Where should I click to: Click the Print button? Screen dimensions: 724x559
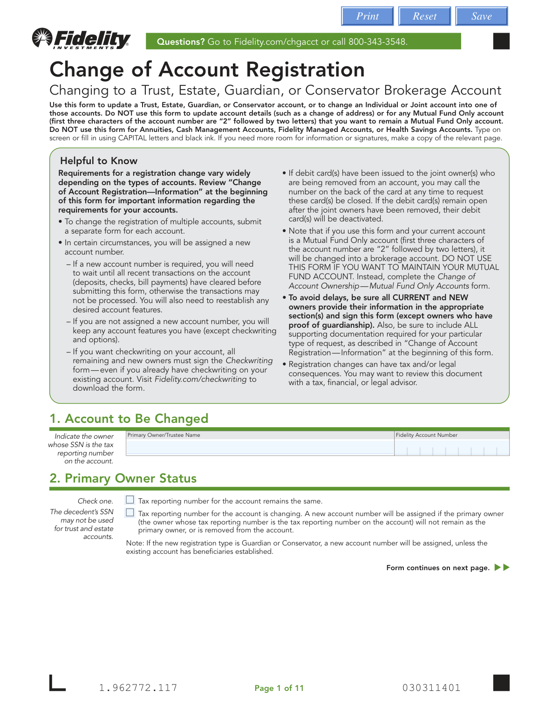pos(367,16)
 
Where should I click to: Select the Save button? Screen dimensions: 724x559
pos(481,16)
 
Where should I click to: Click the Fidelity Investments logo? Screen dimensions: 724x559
pos(82,39)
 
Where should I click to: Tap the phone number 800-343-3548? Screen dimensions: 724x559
pos(377,42)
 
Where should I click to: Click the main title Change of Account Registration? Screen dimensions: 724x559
pos(207,70)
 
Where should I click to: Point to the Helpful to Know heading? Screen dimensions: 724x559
pos(99,161)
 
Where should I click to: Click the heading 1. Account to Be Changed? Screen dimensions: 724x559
pos(129,419)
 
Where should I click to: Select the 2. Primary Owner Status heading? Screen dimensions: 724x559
pos(123,478)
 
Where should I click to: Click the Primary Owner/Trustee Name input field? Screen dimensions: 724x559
pos(260,448)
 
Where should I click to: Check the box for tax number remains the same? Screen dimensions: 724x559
pos(130,500)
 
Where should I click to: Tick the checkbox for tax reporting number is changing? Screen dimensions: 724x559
pos(130,512)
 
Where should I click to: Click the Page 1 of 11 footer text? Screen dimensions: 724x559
pos(279,688)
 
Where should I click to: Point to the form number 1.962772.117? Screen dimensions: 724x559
pos(138,688)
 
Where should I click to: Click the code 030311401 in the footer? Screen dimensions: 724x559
pos(431,688)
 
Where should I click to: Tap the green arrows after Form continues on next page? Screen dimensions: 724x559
pos(502,567)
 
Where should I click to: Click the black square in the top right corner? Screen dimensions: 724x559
pos(501,41)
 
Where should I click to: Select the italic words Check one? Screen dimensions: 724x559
pos(95,501)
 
